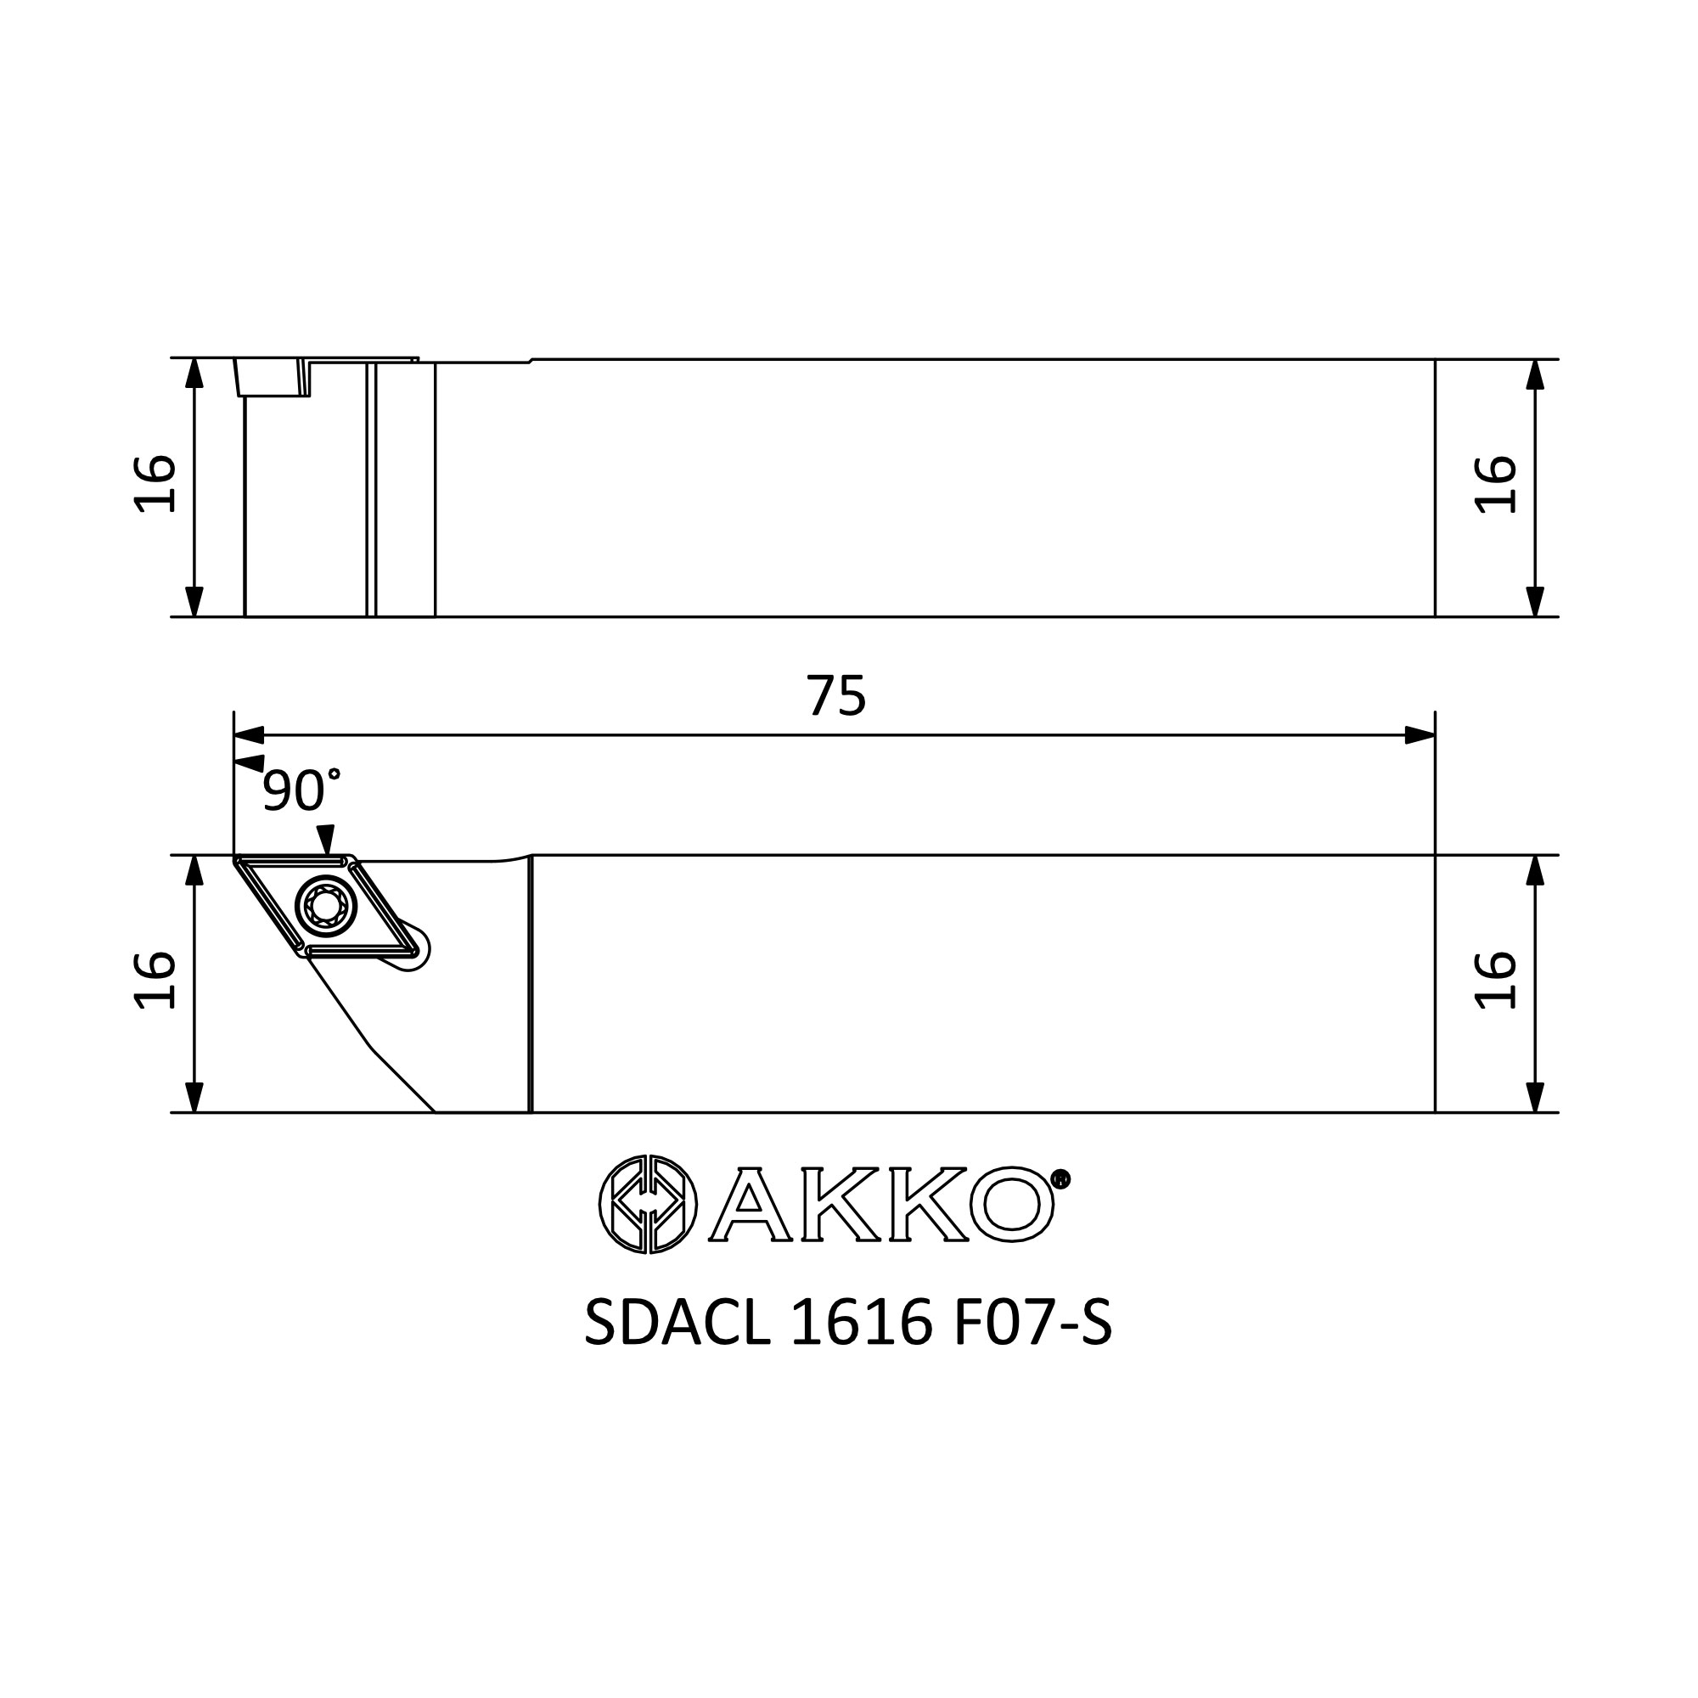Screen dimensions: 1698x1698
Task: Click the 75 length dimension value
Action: pos(837,696)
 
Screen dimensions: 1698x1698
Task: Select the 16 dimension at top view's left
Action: pos(155,483)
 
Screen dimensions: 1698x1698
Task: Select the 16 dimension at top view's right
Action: pos(1495,484)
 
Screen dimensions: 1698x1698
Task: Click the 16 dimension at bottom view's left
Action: pos(155,980)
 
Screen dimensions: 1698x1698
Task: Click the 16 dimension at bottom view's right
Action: pos(1495,980)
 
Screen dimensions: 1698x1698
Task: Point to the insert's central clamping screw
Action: pos(325,904)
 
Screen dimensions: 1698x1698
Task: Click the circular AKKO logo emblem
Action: pos(648,1204)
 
